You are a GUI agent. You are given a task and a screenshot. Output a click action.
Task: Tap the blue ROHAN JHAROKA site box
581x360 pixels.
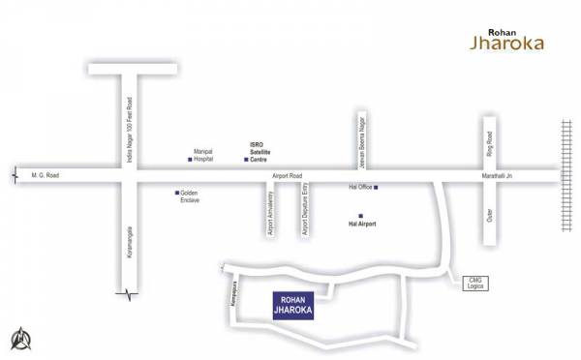(295, 306)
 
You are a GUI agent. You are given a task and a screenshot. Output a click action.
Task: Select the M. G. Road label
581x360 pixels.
(46, 175)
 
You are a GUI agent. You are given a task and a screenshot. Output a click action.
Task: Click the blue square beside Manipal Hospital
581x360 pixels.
(190, 159)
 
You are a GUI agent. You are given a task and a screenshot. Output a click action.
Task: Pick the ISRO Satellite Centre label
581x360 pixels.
(260, 151)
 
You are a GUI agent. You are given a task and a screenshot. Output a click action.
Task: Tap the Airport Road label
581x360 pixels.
(288, 176)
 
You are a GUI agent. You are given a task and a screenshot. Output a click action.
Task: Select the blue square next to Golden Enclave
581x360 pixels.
(177, 193)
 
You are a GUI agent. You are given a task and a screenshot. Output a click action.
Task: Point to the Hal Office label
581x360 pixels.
(359, 187)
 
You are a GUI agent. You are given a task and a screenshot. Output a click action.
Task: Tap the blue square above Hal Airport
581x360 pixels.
(360, 216)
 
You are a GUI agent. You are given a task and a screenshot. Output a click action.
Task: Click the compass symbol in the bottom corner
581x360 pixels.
(21, 339)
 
